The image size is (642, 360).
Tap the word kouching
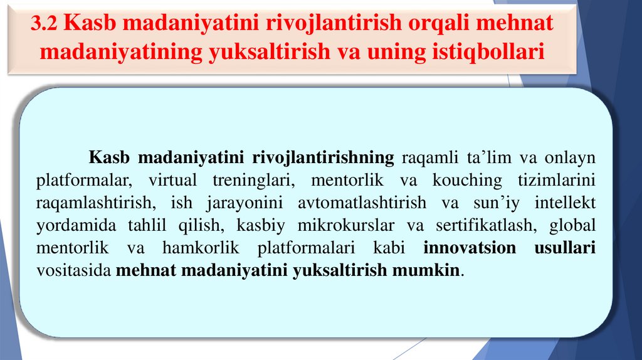tap(467, 180)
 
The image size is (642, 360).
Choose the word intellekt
tap(566, 203)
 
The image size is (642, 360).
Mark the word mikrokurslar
tap(347, 225)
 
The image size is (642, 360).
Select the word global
tap(572, 225)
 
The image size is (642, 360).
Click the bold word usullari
tap(565, 248)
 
